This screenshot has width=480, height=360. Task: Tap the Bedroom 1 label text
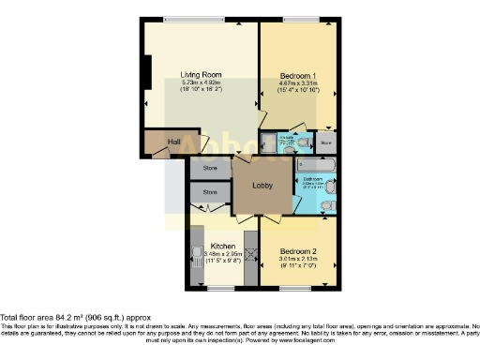298,74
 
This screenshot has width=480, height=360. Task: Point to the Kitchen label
222,247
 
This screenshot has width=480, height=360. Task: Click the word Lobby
263,186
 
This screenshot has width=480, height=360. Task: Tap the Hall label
173,142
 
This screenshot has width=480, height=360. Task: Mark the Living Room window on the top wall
193,19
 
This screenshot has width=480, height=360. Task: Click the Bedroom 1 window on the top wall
300,19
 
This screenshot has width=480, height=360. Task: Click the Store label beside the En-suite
325,143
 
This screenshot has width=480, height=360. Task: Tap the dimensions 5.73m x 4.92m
199,83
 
